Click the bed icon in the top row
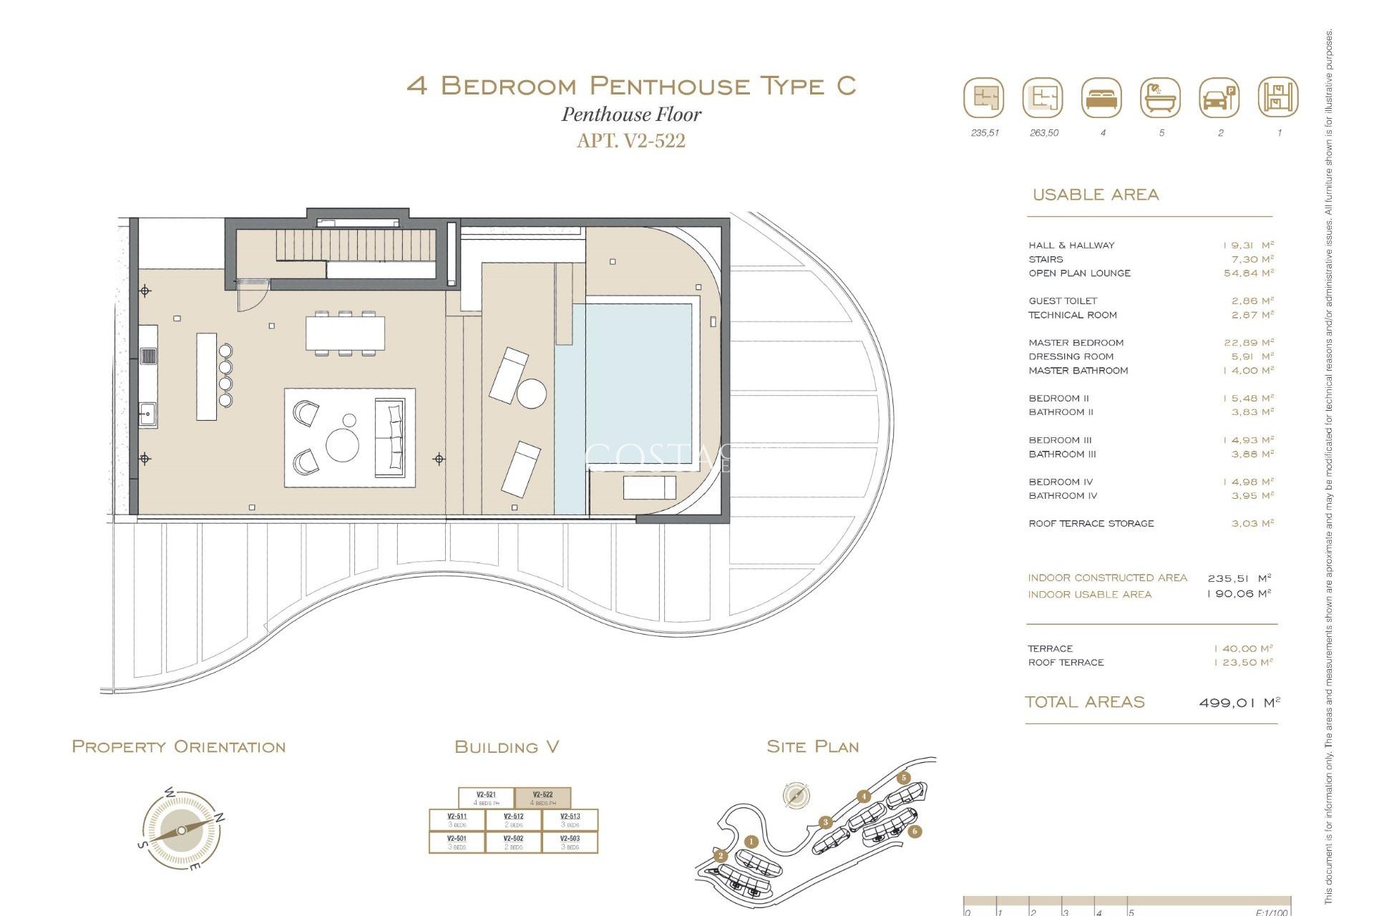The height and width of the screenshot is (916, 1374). click(x=1102, y=98)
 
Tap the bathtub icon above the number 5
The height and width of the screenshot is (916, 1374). click(x=1161, y=98)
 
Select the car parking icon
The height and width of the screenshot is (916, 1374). click(x=1219, y=98)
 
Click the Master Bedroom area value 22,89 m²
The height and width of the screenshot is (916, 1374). click(x=1249, y=343)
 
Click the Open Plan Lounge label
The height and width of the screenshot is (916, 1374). click(x=1079, y=273)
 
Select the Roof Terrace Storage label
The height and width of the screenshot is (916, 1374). click(x=1091, y=524)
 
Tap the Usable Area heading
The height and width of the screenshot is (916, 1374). click(x=1095, y=195)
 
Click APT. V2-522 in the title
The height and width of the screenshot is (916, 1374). click(x=630, y=140)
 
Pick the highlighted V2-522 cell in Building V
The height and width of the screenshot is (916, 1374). click(x=542, y=798)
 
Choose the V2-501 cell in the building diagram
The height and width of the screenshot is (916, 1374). click(x=457, y=842)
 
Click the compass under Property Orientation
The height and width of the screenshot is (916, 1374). click(x=180, y=830)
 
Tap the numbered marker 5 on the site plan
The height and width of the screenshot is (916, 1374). click(x=904, y=778)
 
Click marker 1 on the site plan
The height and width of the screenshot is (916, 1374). click(x=751, y=842)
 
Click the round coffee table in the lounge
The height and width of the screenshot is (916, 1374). click(x=343, y=444)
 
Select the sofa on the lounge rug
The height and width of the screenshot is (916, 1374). click(x=391, y=438)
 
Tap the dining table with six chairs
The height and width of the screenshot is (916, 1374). click(x=345, y=333)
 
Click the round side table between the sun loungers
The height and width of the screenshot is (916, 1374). click(x=532, y=394)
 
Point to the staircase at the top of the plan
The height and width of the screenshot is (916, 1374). click(x=355, y=245)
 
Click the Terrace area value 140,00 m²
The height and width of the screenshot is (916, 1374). click(x=1244, y=649)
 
